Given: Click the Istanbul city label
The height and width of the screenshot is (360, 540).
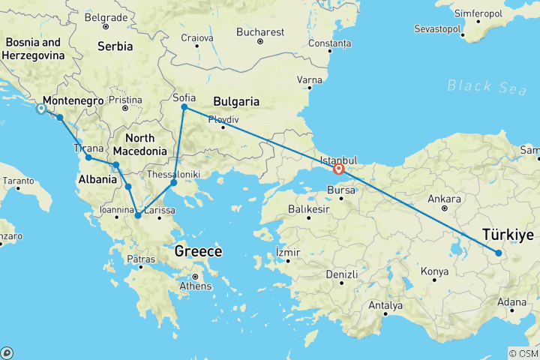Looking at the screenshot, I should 338,160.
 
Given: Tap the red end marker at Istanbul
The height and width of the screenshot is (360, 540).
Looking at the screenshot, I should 339,169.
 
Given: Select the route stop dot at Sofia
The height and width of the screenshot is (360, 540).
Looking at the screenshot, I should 184,107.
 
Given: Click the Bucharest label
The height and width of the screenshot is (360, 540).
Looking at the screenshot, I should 260,32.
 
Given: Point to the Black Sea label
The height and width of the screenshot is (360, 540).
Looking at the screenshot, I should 487,86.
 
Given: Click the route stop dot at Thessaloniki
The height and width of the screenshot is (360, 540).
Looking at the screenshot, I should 173,182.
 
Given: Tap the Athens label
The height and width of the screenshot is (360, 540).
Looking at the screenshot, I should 193,285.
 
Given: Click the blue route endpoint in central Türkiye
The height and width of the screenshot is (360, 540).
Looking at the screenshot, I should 498,253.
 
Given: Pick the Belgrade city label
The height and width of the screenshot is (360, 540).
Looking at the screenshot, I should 105,16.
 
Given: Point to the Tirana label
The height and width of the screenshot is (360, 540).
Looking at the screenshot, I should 88,148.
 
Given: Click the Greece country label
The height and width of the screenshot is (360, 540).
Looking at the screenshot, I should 198,251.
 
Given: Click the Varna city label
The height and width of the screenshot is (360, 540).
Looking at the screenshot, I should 309,79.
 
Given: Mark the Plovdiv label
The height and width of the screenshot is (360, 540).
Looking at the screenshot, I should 223,118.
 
